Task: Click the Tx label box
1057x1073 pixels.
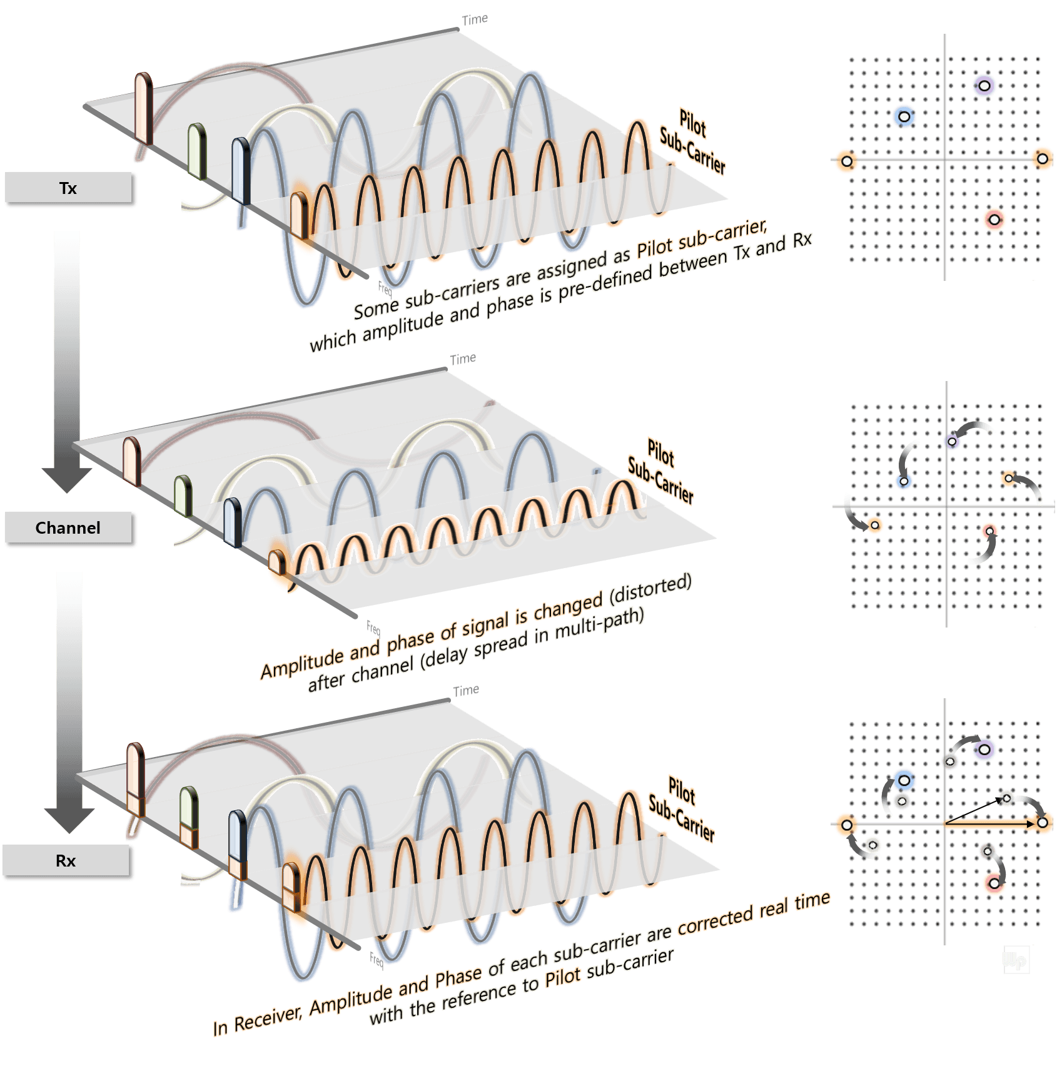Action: [68, 188]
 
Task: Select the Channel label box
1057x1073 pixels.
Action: [68, 527]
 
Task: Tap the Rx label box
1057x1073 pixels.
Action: [66, 860]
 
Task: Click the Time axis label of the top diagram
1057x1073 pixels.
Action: [475, 19]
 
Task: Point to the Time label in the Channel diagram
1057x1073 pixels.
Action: [463, 359]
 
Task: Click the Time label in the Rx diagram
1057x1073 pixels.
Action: [466, 690]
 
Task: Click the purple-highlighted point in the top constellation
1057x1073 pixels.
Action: [984, 85]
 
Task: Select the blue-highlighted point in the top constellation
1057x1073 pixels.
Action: [904, 116]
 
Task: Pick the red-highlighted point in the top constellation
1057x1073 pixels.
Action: [994, 220]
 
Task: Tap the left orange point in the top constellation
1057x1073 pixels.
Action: [847, 161]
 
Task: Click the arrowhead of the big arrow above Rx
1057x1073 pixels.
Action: [69, 820]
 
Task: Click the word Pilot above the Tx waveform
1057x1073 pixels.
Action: [693, 123]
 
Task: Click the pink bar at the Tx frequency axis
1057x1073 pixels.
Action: [144, 108]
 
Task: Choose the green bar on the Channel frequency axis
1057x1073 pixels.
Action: [183, 496]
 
